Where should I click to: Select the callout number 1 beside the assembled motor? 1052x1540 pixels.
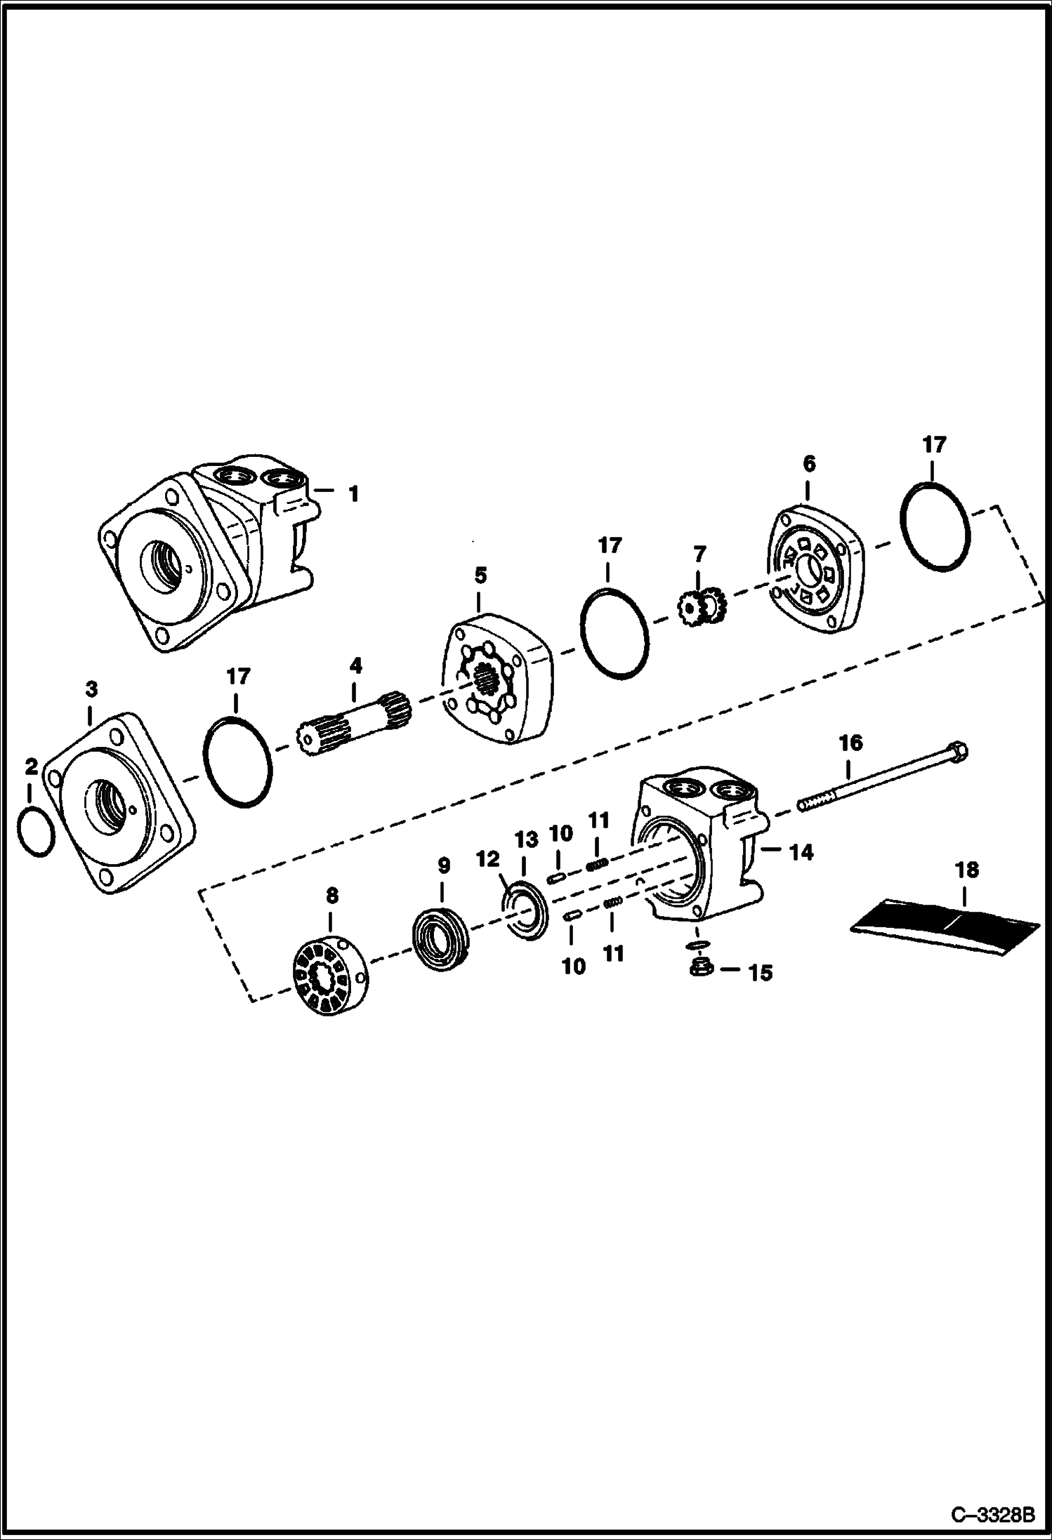click(x=354, y=494)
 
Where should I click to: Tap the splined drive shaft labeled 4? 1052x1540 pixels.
click(x=355, y=723)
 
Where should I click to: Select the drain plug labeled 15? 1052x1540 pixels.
click(x=699, y=968)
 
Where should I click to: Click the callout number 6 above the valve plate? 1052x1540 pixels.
click(x=808, y=463)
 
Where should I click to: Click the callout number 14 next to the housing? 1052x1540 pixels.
click(x=801, y=852)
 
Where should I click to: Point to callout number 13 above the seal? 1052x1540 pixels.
click(x=526, y=839)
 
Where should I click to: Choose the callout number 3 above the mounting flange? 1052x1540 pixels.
click(x=91, y=690)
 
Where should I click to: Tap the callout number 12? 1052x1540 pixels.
click(x=487, y=859)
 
